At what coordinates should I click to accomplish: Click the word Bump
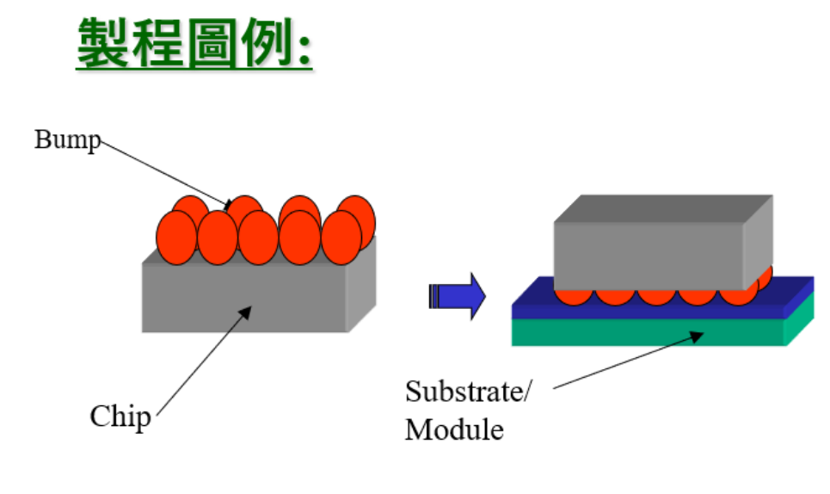67,139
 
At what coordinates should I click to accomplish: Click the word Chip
120,417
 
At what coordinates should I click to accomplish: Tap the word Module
454,429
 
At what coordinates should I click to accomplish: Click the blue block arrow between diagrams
457,297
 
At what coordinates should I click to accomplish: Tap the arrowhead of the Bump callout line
229,205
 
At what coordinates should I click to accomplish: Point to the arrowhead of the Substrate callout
701,336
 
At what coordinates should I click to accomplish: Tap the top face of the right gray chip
662,209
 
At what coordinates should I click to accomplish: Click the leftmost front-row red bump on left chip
176,238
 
